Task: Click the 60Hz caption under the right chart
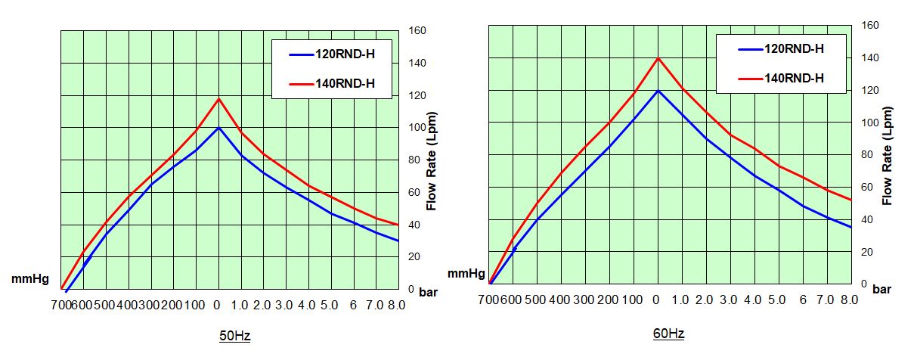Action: tap(670, 334)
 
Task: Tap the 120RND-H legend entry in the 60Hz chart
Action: tap(793, 49)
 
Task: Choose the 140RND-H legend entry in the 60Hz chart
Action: tap(793, 78)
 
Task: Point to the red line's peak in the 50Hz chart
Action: tap(218, 98)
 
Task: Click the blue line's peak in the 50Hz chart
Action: tap(218, 127)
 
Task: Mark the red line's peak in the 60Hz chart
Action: tap(658, 57)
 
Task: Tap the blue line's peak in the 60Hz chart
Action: tap(658, 90)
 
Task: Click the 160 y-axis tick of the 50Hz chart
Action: tap(417, 30)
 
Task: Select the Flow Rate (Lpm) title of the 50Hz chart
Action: tap(432, 160)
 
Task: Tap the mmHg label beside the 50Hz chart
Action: tap(29, 279)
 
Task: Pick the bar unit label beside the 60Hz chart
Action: tap(881, 288)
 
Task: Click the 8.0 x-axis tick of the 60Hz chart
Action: tap(849, 300)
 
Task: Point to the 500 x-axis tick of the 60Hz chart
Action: tap(534, 300)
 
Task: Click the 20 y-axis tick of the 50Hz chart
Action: tap(415, 256)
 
